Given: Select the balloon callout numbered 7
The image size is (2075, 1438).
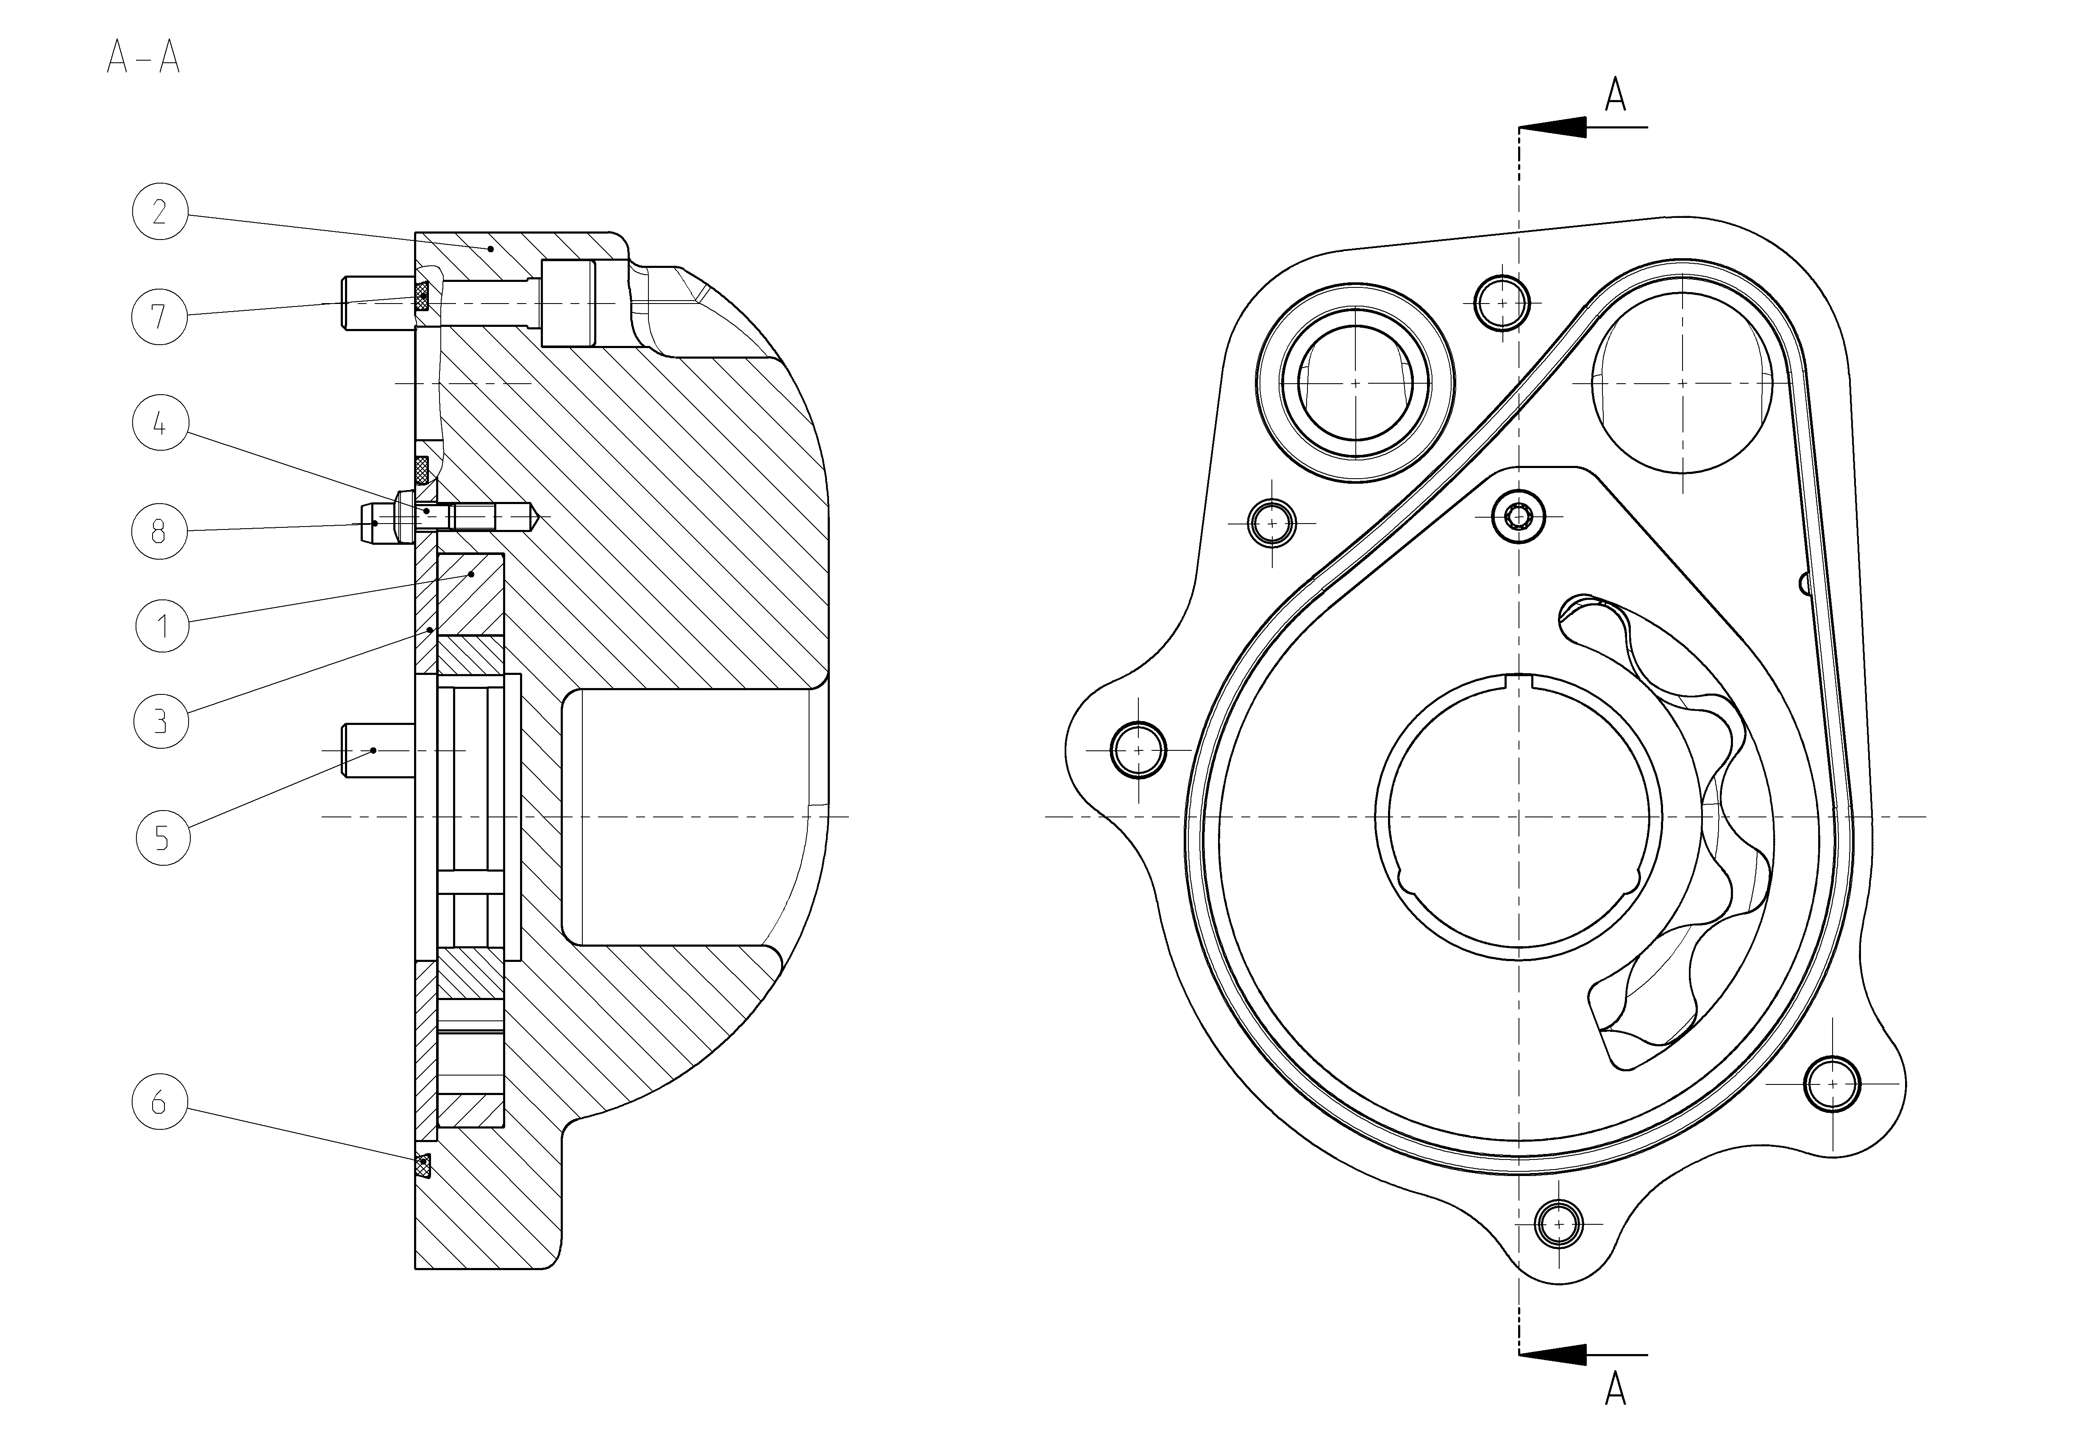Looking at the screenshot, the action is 159,316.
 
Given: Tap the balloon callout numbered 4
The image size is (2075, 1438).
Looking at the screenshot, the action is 159,424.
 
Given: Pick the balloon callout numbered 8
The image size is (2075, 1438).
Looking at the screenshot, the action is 159,532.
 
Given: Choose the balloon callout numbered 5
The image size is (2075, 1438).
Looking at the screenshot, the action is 163,838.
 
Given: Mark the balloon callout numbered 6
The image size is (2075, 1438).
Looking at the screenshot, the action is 159,1102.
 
